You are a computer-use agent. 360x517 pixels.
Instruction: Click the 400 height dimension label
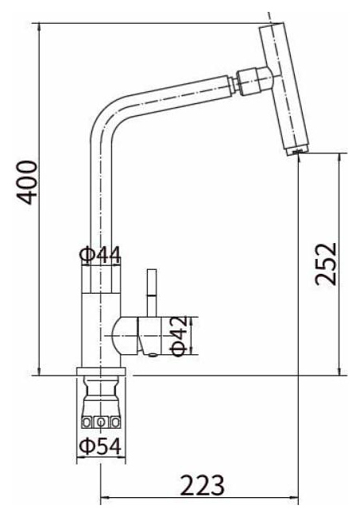(27, 183)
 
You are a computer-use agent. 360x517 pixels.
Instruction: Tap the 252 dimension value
(326, 264)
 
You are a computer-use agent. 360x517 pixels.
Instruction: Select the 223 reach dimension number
(202, 485)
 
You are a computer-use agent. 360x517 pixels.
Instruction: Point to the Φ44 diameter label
(100, 255)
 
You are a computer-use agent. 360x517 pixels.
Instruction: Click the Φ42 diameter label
(180, 336)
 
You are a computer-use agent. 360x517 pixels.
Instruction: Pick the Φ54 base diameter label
(100, 447)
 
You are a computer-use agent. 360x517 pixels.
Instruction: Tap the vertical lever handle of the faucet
(152, 293)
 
